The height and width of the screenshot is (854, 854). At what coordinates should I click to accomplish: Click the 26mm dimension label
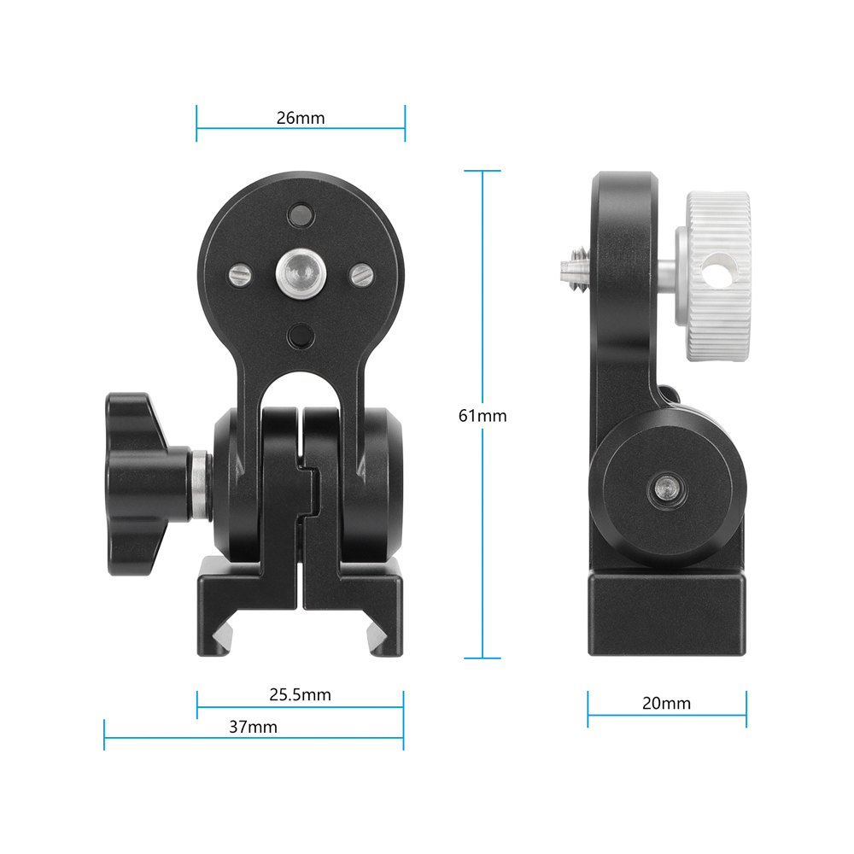pyautogui.click(x=300, y=118)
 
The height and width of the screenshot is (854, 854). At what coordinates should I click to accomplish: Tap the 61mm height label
pyautogui.click(x=483, y=416)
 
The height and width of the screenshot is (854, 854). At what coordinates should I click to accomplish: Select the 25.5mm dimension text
pyautogui.click(x=300, y=694)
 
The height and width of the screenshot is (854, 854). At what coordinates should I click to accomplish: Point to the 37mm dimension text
pyautogui.click(x=253, y=727)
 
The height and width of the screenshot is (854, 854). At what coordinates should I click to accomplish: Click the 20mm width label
pyautogui.click(x=666, y=704)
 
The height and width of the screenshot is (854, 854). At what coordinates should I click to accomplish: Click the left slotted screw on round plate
pyautogui.click(x=238, y=274)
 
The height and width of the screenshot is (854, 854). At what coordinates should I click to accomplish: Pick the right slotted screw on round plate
pyautogui.click(x=361, y=274)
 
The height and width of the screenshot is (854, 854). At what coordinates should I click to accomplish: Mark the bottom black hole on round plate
pyautogui.click(x=300, y=336)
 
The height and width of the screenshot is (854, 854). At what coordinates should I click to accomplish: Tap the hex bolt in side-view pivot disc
pyautogui.click(x=665, y=488)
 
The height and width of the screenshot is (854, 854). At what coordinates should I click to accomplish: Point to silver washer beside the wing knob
pyautogui.click(x=200, y=485)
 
